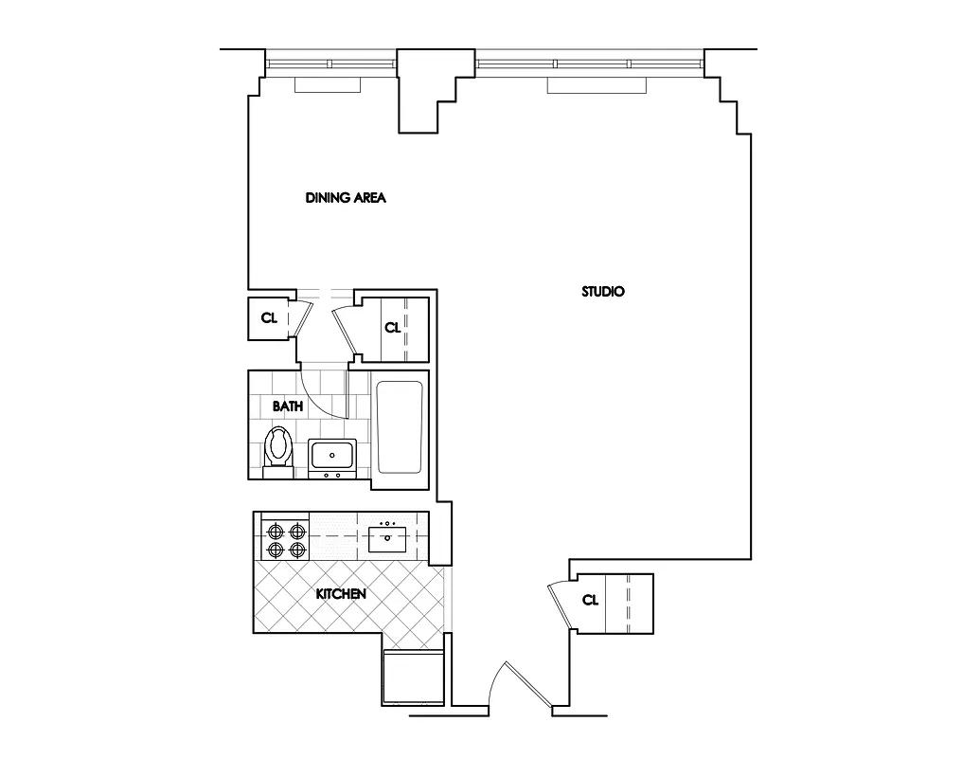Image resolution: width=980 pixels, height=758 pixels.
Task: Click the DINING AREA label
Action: click(x=347, y=198)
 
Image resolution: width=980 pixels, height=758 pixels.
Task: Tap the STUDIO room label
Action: click(x=602, y=292)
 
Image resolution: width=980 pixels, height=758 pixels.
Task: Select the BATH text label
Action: click(x=288, y=406)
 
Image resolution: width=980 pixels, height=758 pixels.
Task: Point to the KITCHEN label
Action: click(x=341, y=594)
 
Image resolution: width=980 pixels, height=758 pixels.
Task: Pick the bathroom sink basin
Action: click(x=332, y=457)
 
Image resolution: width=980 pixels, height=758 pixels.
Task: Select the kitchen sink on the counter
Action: click(x=388, y=539)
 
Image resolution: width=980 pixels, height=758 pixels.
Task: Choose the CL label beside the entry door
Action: click(x=590, y=600)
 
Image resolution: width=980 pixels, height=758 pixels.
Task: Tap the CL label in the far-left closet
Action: click(x=269, y=318)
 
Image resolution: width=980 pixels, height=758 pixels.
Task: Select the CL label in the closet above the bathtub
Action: click(x=392, y=328)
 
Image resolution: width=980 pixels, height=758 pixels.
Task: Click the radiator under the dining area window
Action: click(x=329, y=85)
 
